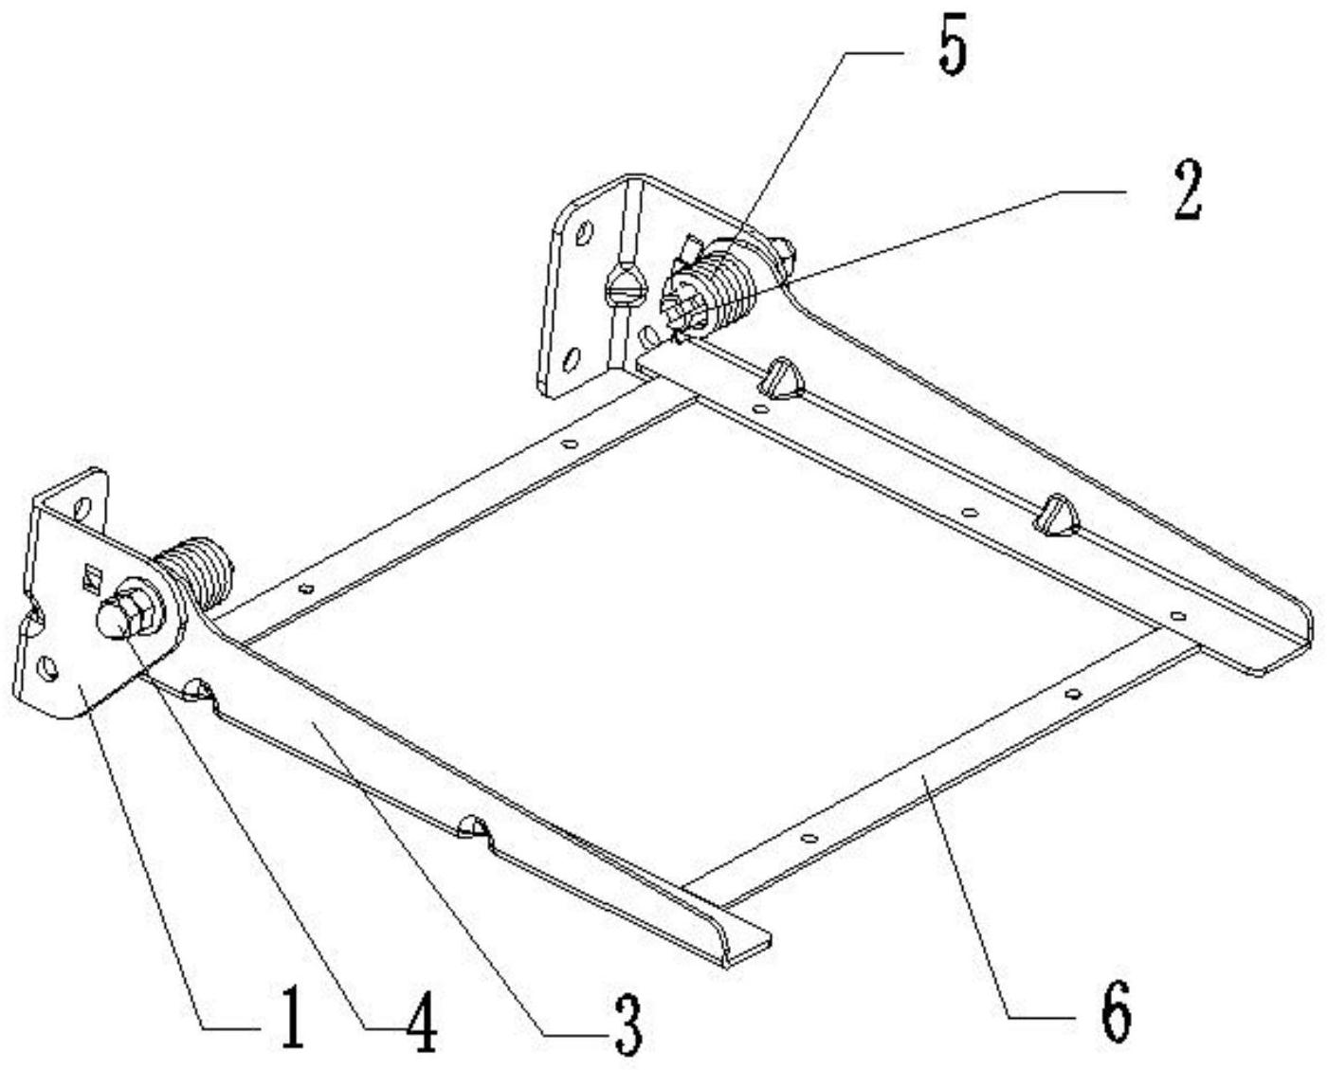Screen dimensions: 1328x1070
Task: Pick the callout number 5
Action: [953, 45]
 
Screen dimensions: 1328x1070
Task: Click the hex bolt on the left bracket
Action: [128, 611]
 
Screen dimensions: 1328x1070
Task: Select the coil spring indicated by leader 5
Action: [731, 284]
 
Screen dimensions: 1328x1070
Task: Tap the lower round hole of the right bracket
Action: [572, 360]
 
